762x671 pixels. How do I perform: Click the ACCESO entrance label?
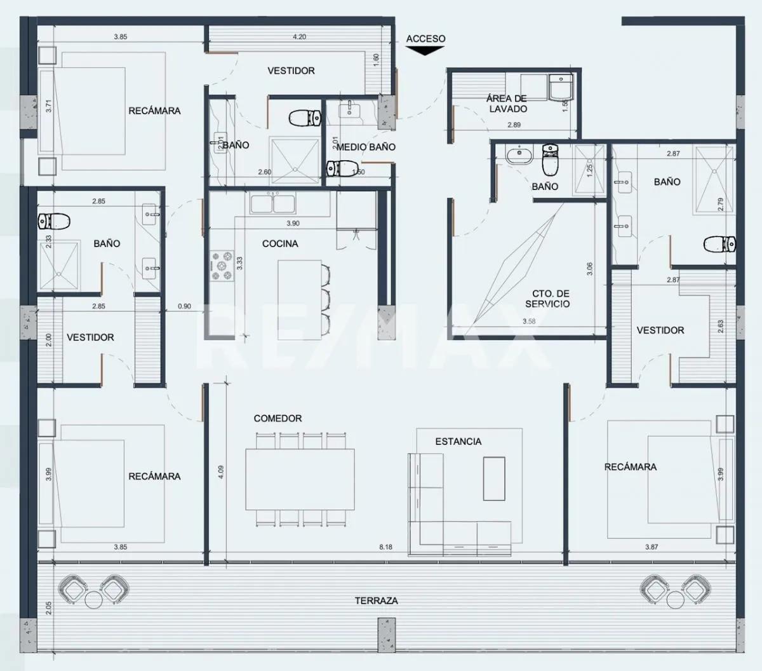tap(425, 39)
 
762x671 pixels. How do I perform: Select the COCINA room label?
tap(280, 243)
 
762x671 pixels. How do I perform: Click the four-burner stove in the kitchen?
tap(222, 266)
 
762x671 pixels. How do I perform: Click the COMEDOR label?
tap(277, 418)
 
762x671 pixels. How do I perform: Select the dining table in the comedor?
tap(300, 479)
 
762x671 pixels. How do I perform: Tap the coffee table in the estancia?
tap(494, 479)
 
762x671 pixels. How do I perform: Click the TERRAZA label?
tap(377, 600)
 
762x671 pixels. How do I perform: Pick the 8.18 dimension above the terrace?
tap(385, 547)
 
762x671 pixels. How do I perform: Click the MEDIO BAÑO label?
tap(366, 147)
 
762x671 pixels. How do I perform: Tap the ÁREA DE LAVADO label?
tap(507, 104)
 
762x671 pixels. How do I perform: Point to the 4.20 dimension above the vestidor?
tap(299, 37)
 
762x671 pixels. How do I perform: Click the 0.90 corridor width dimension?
tap(184, 306)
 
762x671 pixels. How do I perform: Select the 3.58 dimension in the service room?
tap(529, 322)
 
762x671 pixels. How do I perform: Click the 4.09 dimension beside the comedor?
tap(220, 472)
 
